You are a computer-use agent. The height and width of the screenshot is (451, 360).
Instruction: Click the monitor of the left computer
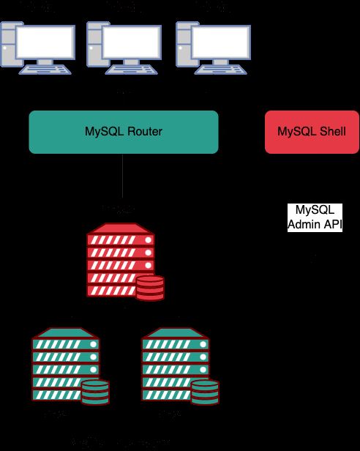(45, 44)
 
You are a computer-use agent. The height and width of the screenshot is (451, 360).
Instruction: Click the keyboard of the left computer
(45, 70)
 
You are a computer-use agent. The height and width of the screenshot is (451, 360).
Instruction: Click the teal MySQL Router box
(123, 132)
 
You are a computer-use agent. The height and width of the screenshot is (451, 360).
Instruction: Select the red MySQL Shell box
(311, 132)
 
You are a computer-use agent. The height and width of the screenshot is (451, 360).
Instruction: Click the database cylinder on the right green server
(204, 393)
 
